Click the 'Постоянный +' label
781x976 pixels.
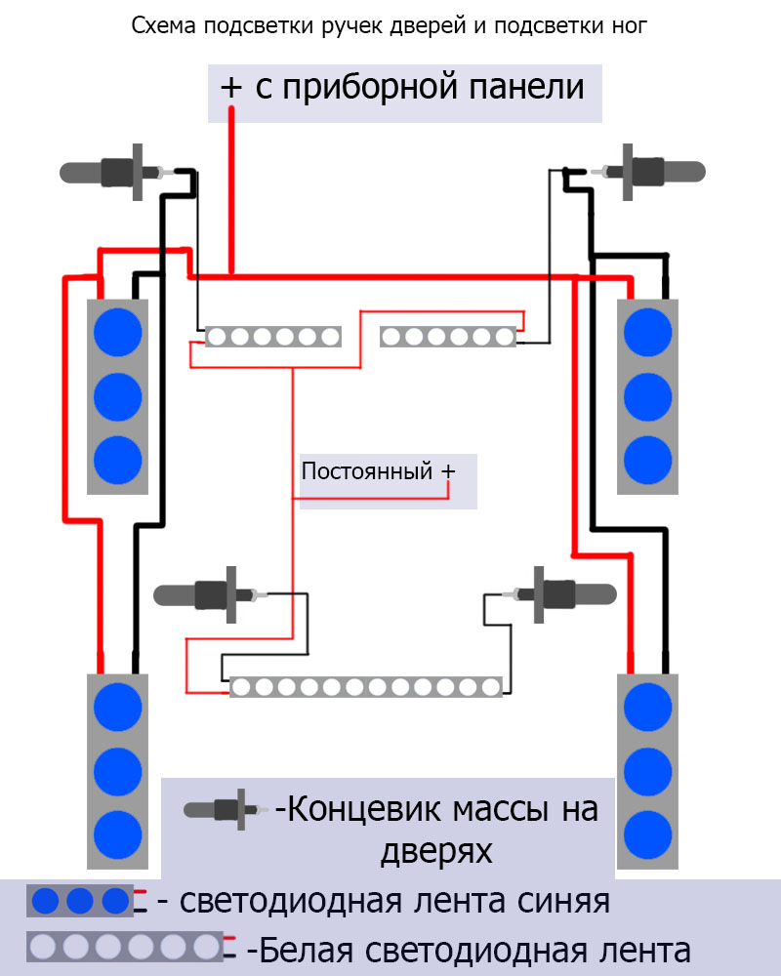(x=378, y=471)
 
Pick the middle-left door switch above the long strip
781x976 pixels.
(x=211, y=593)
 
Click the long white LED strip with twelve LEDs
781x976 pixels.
(x=366, y=687)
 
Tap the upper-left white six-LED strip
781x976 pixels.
(x=272, y=337)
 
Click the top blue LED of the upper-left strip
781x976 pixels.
(x=117, y=332)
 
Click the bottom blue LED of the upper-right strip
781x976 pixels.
(x=647, y=459)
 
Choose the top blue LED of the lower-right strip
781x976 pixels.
(x=647, y=707)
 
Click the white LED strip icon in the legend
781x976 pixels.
(x=127, y=946)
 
